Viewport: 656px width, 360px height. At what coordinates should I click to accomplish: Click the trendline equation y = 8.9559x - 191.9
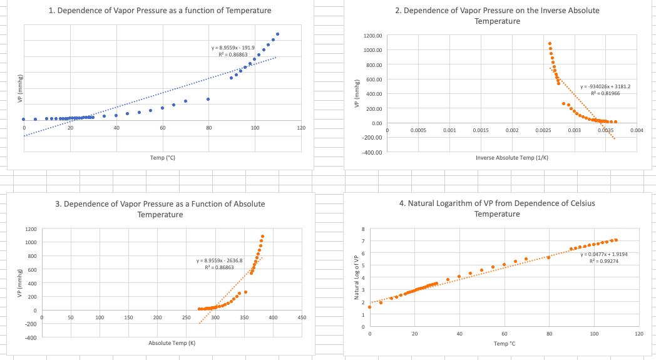[x=233, y=48]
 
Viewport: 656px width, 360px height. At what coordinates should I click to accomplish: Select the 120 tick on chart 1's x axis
[x=300, y=128]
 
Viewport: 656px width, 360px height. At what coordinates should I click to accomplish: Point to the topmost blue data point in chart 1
[x=278, y=34]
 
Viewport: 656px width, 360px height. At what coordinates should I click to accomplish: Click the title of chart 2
[x=497, y=16]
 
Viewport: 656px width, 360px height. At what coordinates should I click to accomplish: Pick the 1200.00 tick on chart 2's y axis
[x=373, y=36]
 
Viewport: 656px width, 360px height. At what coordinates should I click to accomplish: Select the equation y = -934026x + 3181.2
[x=606, y=86]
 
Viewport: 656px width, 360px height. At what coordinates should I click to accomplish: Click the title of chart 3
[x=164, y=209]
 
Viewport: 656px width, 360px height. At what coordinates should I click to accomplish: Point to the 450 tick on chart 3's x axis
[x=302, y=318]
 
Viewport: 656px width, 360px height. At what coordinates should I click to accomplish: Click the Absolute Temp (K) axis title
[x=172, y=343]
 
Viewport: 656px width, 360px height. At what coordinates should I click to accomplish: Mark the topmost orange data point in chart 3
[x=262, y=237]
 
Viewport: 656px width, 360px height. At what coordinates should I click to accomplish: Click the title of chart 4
[x=497, y=208]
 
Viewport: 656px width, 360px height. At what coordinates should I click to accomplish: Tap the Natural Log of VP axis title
[x=356, y=278]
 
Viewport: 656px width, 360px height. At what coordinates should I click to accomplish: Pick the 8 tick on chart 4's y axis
[x=362, y=229]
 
